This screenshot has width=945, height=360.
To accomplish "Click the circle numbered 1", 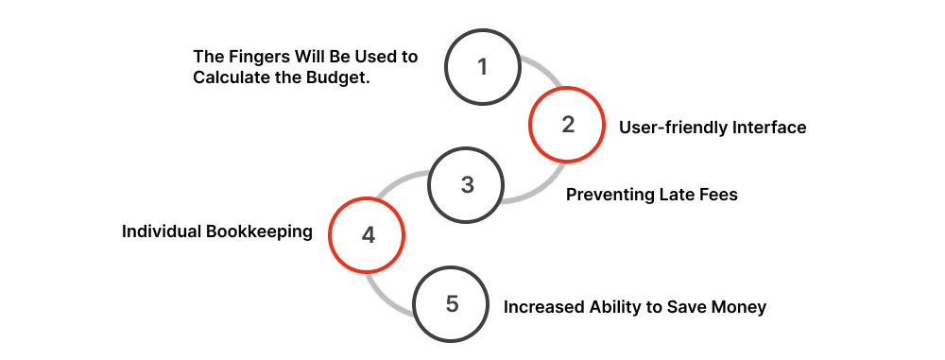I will (x=483, y=67).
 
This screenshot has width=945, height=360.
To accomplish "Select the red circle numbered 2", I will (x=567, y=125).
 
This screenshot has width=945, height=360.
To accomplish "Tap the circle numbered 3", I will (x=467, y=184).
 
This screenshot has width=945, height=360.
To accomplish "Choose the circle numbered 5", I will (x=453, y=304).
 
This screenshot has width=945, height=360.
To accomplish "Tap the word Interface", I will (x=767, y=127).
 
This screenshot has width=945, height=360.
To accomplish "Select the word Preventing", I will (x=609, y=195).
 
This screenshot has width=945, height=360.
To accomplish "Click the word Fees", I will (x=717, y=195).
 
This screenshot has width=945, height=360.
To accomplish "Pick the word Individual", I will (x=160, y=231).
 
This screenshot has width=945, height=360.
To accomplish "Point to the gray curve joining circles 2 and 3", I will (x=529, y=193).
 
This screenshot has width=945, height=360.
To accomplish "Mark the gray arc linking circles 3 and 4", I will (x=398, y=180).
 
